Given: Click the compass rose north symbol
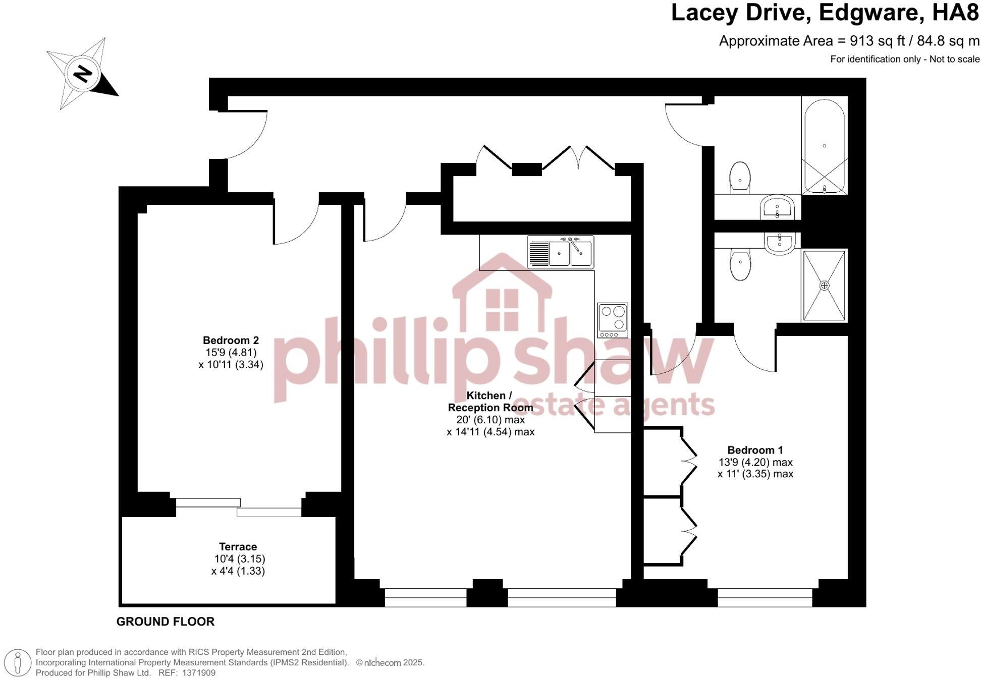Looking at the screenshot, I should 82,74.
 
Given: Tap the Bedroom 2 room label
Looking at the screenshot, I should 231,340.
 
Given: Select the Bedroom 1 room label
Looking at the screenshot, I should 755,450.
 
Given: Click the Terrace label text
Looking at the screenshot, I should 238,547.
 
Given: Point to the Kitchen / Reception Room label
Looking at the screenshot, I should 490,402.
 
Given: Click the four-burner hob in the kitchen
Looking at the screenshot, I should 612,320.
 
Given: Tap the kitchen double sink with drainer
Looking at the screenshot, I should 561,252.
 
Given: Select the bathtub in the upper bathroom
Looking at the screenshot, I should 824,146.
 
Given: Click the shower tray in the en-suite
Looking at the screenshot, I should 824,286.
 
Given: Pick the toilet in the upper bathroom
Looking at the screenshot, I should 740,177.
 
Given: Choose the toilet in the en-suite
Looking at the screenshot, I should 740,265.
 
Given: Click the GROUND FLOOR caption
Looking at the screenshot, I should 166,621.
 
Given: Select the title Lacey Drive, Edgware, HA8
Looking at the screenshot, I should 825,13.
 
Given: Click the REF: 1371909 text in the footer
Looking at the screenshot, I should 187,673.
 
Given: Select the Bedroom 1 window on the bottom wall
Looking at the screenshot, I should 765,597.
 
